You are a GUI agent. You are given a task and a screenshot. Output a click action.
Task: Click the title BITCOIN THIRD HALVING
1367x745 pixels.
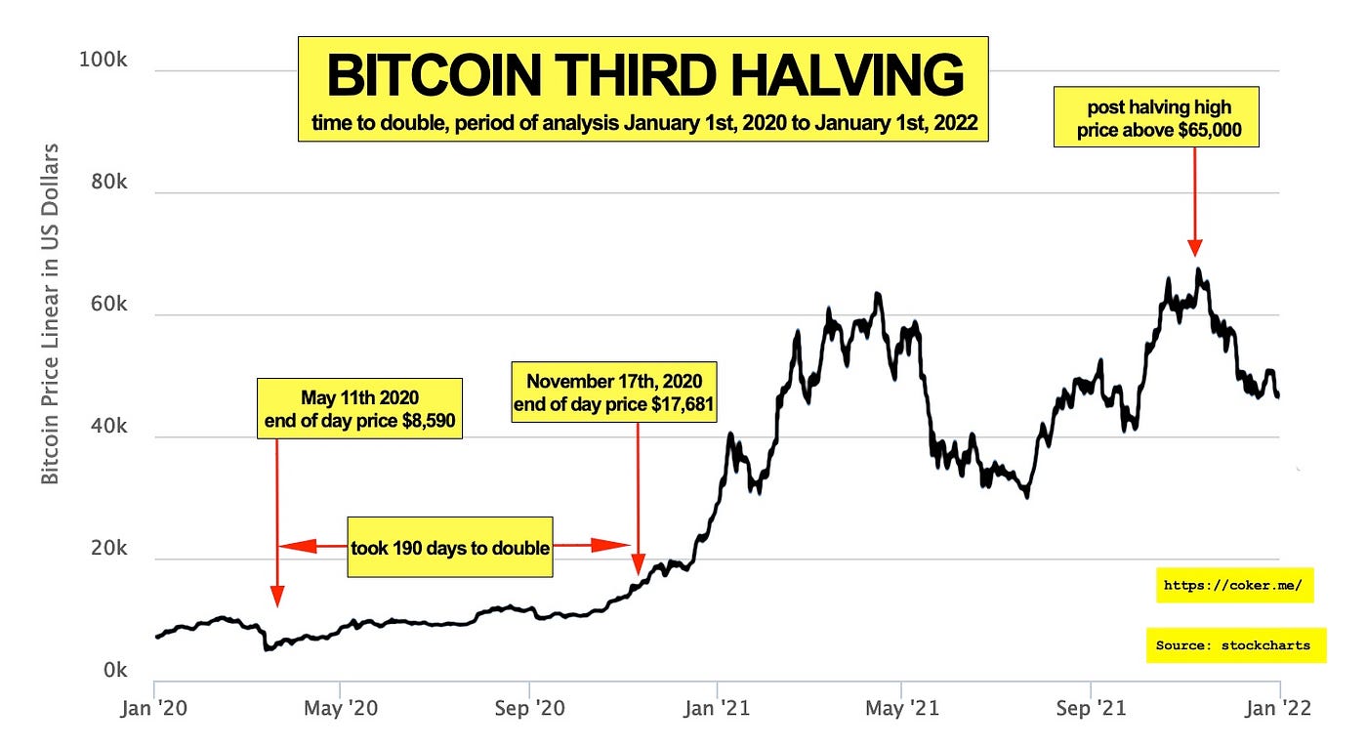tap(644, 76)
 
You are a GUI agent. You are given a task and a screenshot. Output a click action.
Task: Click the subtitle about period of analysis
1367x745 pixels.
tap(644, 124)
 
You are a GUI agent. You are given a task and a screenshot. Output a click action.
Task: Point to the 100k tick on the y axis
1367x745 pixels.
tap(103, 61)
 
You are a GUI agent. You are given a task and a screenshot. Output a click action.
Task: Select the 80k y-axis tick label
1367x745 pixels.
tap(105, 183)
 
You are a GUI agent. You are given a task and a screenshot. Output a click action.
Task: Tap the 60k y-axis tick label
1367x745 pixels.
tap(105, 305)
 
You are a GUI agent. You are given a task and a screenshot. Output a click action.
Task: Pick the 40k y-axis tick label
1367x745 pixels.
tap(105, 427)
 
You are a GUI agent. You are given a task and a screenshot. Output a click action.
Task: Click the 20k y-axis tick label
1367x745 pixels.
tap(105, 549)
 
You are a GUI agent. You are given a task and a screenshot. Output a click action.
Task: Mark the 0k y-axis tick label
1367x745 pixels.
tap(111, 671)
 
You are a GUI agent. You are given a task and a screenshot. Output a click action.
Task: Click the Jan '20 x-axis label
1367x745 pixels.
tap(155, 707)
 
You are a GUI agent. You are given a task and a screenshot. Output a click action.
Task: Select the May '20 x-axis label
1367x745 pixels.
tap(341, 707)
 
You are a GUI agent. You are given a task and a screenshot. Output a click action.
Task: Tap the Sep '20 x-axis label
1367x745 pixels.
tap(529, 707)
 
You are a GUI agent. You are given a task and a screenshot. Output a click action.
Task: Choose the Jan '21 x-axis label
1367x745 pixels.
tap(718, 707)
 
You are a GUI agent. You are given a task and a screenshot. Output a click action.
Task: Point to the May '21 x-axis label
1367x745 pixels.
tap(903, 707)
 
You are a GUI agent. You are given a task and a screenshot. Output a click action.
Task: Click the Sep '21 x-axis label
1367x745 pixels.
tap(1092, 707)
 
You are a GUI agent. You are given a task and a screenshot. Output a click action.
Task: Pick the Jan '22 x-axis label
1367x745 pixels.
tap(1280, 707)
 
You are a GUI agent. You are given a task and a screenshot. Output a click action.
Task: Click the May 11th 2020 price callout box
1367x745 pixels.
tap(359, 408)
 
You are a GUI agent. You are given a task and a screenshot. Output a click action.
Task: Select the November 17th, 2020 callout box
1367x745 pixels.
tap(614, 392)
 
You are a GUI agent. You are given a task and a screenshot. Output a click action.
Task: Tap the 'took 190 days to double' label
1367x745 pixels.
tap(450, 547)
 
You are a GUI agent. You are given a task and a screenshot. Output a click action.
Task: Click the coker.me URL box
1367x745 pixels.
tap(1234, 586)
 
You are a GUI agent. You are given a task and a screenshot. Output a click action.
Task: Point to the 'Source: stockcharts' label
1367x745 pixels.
tap(1235, 645)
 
